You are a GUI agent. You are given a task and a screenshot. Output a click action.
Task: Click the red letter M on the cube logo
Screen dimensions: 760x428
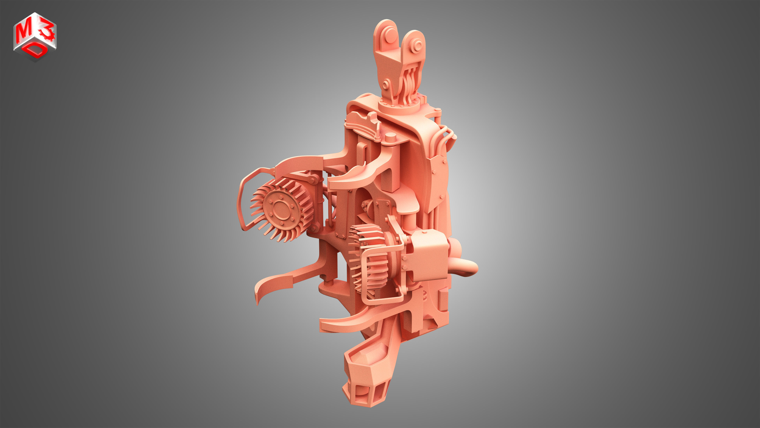[24, 32]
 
